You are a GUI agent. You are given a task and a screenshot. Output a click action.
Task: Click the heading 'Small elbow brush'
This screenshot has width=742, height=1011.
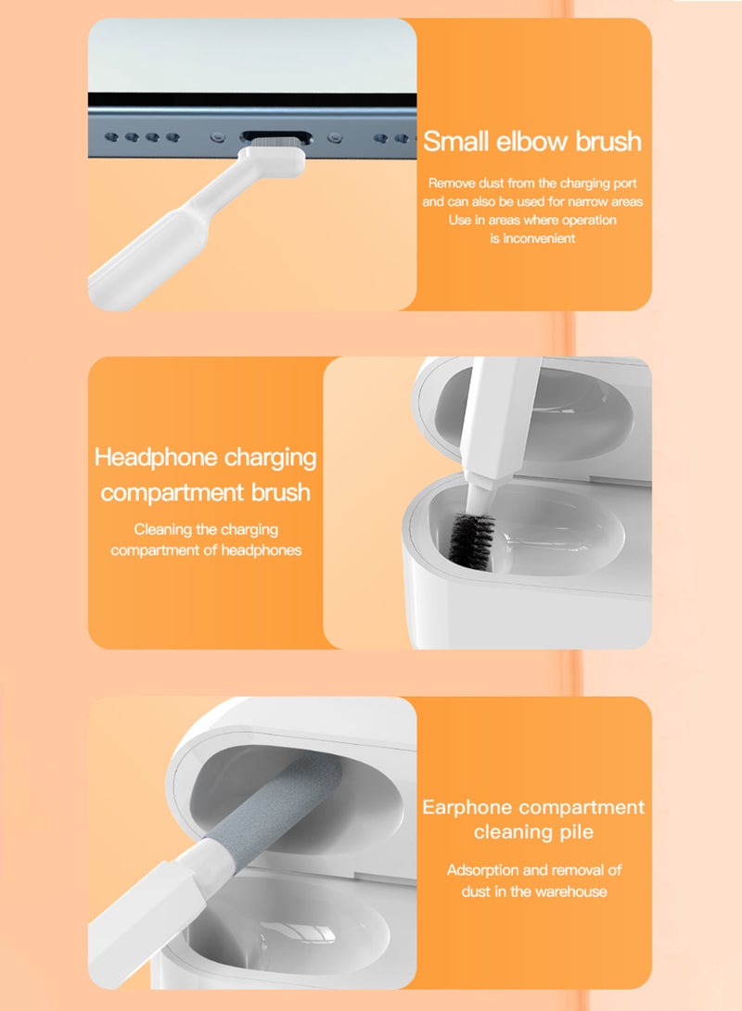(532, 142)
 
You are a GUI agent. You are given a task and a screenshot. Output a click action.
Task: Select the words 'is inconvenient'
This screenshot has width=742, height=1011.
(532, 238)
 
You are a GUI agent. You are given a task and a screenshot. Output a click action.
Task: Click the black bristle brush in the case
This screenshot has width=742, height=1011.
(472, 537)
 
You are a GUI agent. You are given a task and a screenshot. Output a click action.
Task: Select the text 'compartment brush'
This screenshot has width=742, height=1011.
(205, 491)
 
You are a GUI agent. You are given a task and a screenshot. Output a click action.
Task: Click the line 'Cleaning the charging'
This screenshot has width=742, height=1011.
(205, 530)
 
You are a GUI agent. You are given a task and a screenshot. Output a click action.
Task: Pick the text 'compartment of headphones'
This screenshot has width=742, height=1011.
(205, 550)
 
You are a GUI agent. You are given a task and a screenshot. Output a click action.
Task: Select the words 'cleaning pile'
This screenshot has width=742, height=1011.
(532, 832)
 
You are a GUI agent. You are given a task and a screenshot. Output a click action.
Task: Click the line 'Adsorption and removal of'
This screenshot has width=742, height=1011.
(534, 870)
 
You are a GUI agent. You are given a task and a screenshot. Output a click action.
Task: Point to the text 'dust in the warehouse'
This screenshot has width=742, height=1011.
(534, 891)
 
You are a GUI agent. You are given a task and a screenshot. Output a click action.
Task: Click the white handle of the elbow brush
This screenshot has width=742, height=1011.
(148, 250)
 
